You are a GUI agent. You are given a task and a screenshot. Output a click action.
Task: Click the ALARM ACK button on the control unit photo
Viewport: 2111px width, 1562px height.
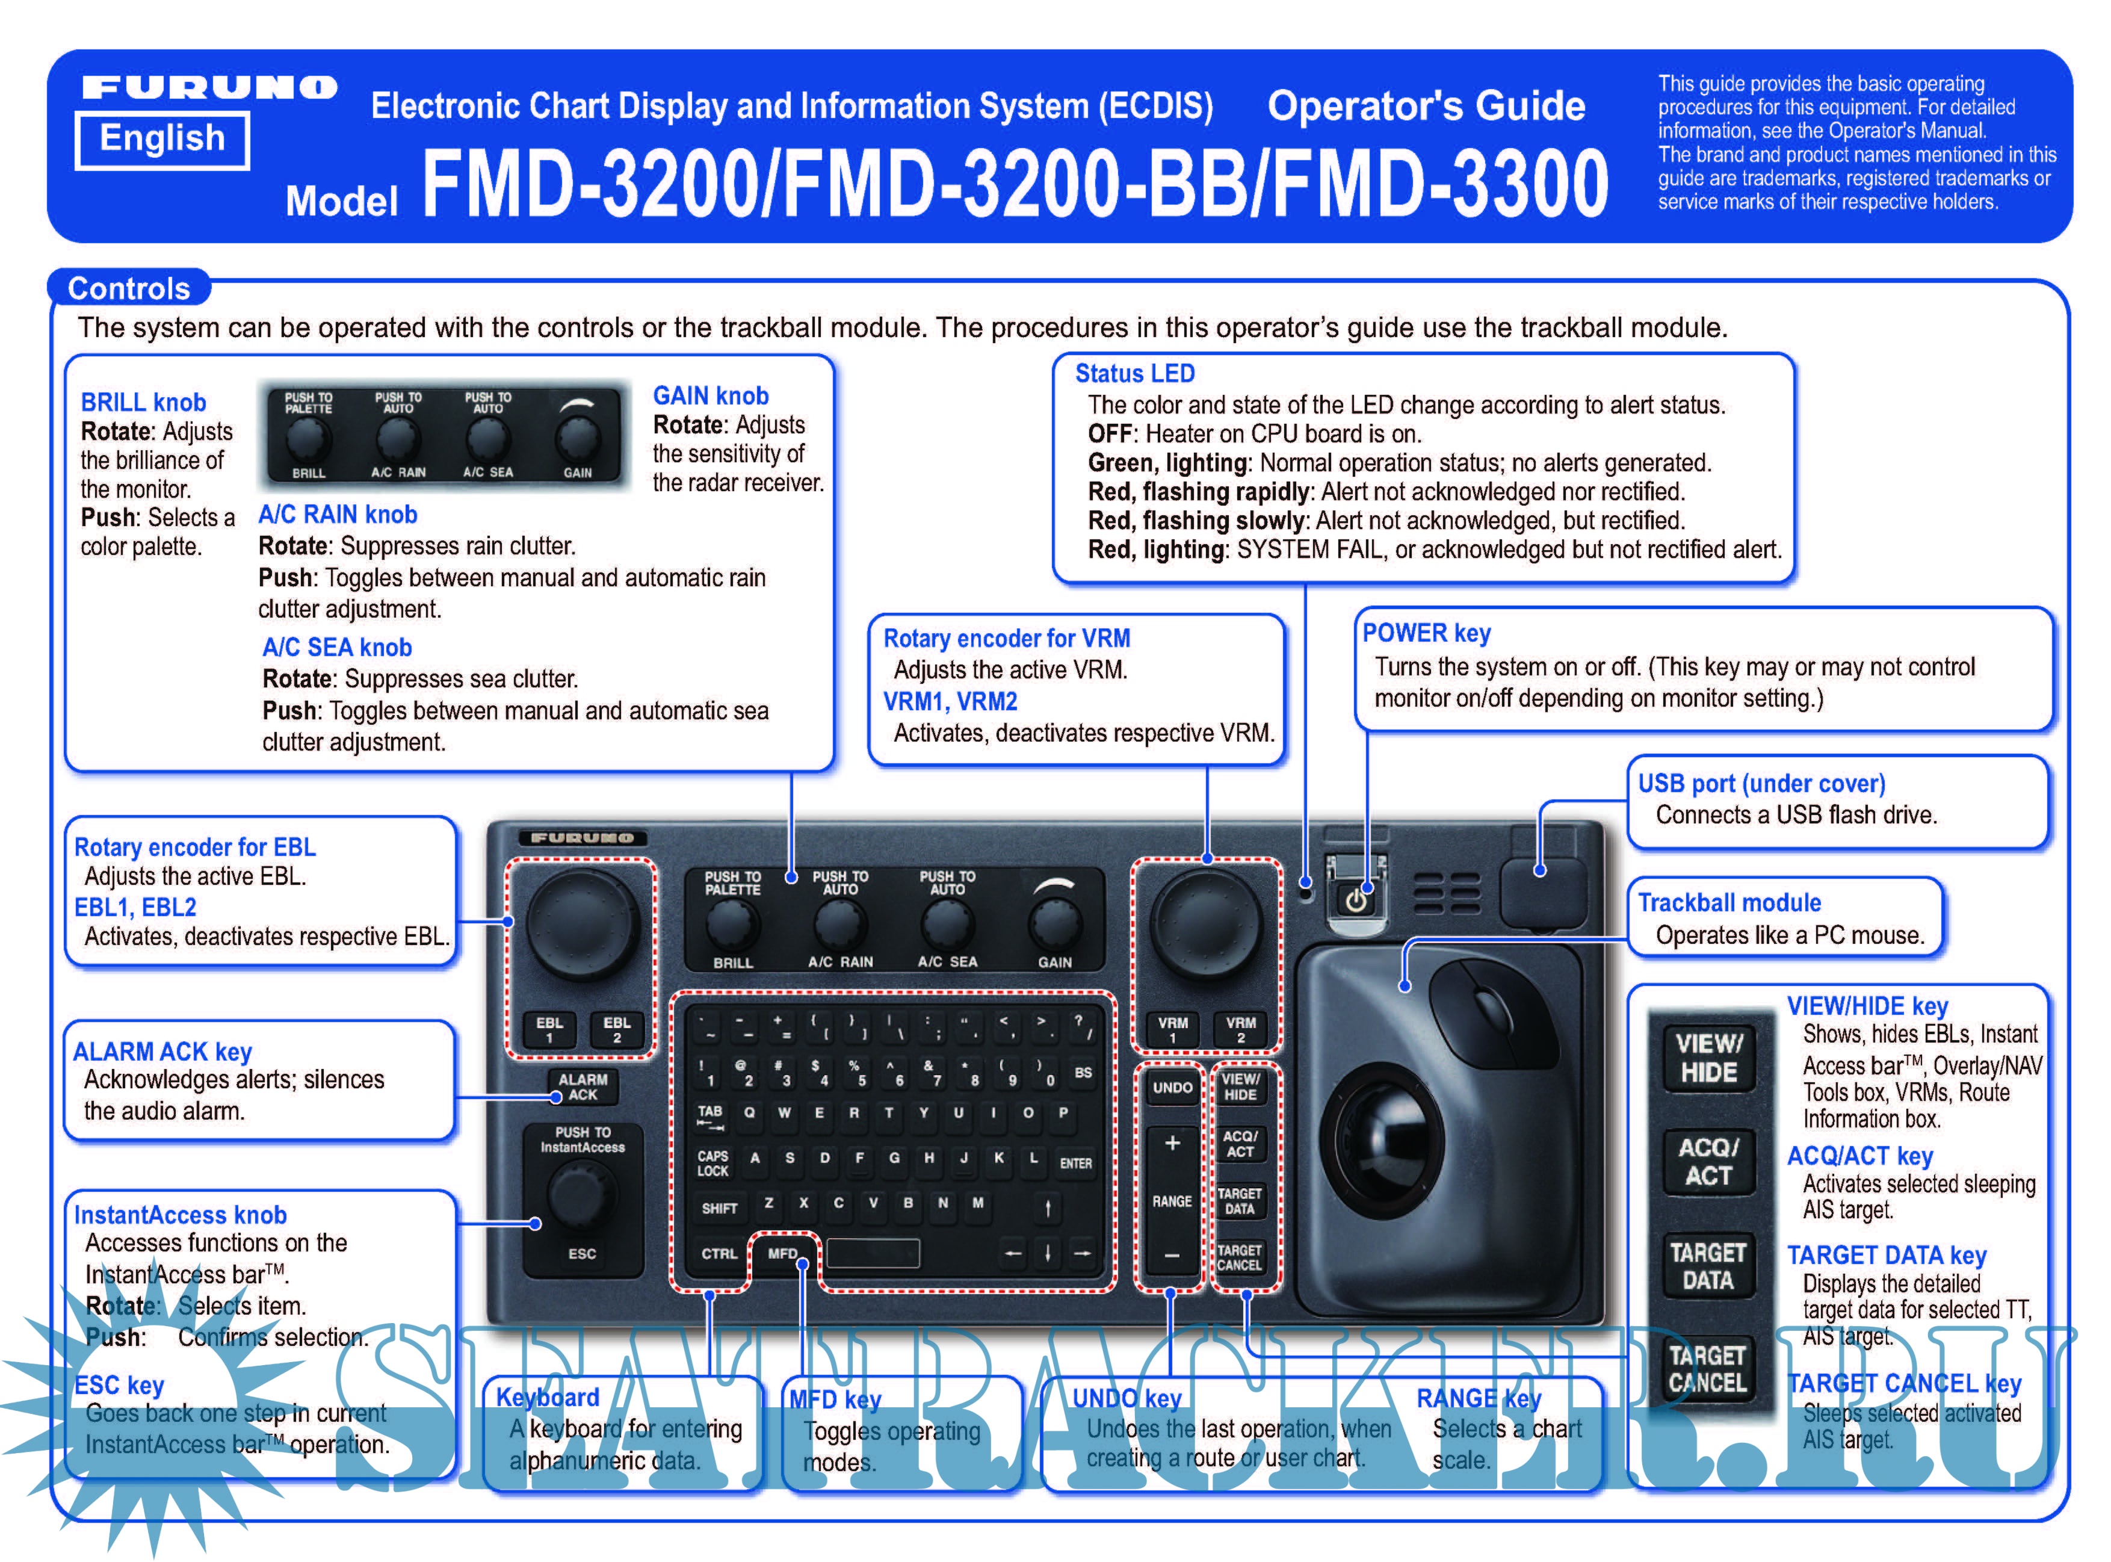pos(583,1086)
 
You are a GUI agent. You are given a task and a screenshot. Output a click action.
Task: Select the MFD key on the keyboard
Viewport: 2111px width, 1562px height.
pos(783,1254)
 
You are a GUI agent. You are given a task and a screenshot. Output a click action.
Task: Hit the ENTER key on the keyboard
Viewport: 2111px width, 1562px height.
pos(1076,1163)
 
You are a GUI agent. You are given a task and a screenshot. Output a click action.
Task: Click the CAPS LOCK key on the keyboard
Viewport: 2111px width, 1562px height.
pos(713,1163)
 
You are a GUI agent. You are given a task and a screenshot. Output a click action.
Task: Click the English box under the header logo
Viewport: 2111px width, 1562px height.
pos(162,139)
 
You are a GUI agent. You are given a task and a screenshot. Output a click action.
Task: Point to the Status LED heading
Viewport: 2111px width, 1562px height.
pos(1134,373)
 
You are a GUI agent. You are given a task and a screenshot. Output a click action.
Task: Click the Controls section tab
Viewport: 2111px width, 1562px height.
pos(129,288)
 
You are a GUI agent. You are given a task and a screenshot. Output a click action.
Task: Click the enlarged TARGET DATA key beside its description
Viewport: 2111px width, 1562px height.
pos(1707,1267)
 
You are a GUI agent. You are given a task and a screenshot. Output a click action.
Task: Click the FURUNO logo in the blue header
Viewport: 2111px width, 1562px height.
pos(209,88)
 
